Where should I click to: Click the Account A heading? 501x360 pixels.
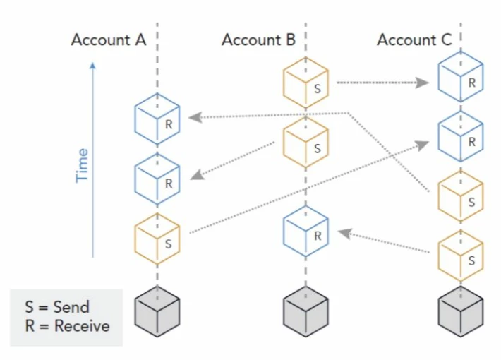[109, 40]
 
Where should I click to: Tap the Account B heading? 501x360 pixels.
[258, 40]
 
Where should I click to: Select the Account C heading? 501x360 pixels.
[414, 40]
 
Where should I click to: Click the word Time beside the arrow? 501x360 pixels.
[82, 165]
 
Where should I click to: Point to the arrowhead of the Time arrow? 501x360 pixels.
[92, 65]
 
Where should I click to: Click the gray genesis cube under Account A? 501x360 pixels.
[157, 311]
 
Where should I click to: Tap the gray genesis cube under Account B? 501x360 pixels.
[306, 311]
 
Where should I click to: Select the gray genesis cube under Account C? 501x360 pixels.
[461, 311]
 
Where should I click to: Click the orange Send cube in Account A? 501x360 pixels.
[157, 239]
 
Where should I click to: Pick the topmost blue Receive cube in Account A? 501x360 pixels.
[157, 119]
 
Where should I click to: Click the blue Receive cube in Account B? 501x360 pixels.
[306, 231]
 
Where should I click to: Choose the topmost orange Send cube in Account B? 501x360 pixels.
[306, 83]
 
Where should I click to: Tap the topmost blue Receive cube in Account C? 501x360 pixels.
[461, 77]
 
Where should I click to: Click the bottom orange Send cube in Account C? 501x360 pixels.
[461, 256]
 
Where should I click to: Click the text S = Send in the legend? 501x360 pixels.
[57, 307]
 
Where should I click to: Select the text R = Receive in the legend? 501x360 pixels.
[68, 326]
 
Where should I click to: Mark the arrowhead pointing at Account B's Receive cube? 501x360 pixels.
[345, 233]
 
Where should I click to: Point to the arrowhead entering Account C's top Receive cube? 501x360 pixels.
[422, 83]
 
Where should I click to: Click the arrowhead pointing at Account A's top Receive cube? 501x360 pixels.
[195, 117]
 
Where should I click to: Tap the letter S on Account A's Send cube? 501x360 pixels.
[169, 244]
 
